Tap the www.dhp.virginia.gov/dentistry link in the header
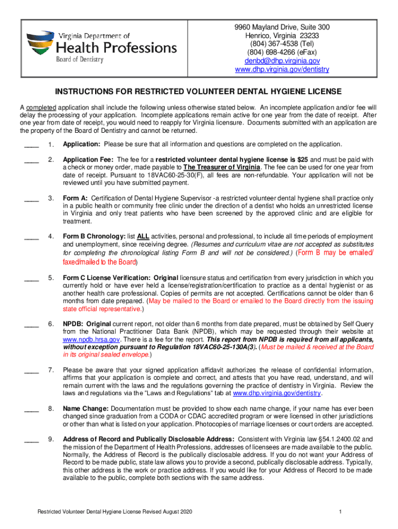282,70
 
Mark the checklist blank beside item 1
32,144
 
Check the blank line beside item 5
32,278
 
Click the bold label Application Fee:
88,160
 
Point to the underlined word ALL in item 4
143,237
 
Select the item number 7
51,370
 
